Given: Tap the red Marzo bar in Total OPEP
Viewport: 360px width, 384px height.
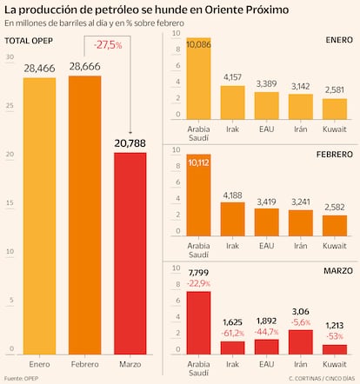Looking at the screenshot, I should tap(130, 253).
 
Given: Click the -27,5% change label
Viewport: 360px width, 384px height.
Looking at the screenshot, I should tap(108, 45).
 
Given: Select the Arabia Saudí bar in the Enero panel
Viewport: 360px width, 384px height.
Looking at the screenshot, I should tap(198, 83).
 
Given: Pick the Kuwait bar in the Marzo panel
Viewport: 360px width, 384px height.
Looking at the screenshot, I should tap(335, 349).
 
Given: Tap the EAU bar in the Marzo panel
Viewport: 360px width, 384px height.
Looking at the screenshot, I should tap(266, 346).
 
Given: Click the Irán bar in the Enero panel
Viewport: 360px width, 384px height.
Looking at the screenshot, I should tap(301, 106).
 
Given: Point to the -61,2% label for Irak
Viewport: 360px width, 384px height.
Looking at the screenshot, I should tap(232, 332).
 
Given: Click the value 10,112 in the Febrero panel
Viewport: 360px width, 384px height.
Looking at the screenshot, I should tap(198, 161).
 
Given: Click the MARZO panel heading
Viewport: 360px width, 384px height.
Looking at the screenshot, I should tap(337, 271).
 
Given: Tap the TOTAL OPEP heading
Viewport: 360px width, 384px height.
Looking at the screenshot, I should tap(27, 41).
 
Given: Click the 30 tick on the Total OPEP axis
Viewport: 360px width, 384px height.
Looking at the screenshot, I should tap(10, 57).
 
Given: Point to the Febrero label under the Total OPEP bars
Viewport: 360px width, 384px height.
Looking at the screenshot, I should tap(84, 363).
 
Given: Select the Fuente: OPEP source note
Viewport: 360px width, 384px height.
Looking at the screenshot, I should tap(23, 379).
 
